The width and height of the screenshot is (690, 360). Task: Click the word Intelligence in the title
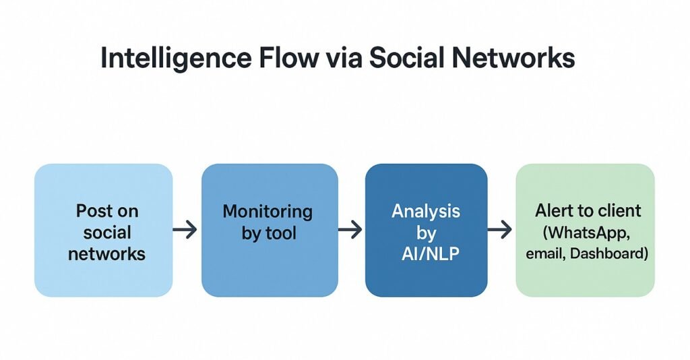tap(176, 59)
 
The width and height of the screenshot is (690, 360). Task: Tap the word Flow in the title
tap(288, 57)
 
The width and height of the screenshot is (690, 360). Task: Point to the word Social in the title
tap(406, 57)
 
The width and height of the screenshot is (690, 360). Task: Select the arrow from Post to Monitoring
tap(185, 229)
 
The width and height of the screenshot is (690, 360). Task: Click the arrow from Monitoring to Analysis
tap(350, 229)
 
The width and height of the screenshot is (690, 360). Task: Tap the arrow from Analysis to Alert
tap(500, 229)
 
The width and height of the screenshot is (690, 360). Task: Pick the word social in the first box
tap(107, 233)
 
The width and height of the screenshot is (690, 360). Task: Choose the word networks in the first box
tap(107, 254)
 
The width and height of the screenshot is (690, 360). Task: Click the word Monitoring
tap(268, 212)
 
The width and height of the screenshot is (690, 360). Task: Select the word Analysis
tap(426, 212)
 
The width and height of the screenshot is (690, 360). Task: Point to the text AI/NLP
tap(431, 254)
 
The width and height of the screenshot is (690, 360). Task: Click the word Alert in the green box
tap(553, 211)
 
